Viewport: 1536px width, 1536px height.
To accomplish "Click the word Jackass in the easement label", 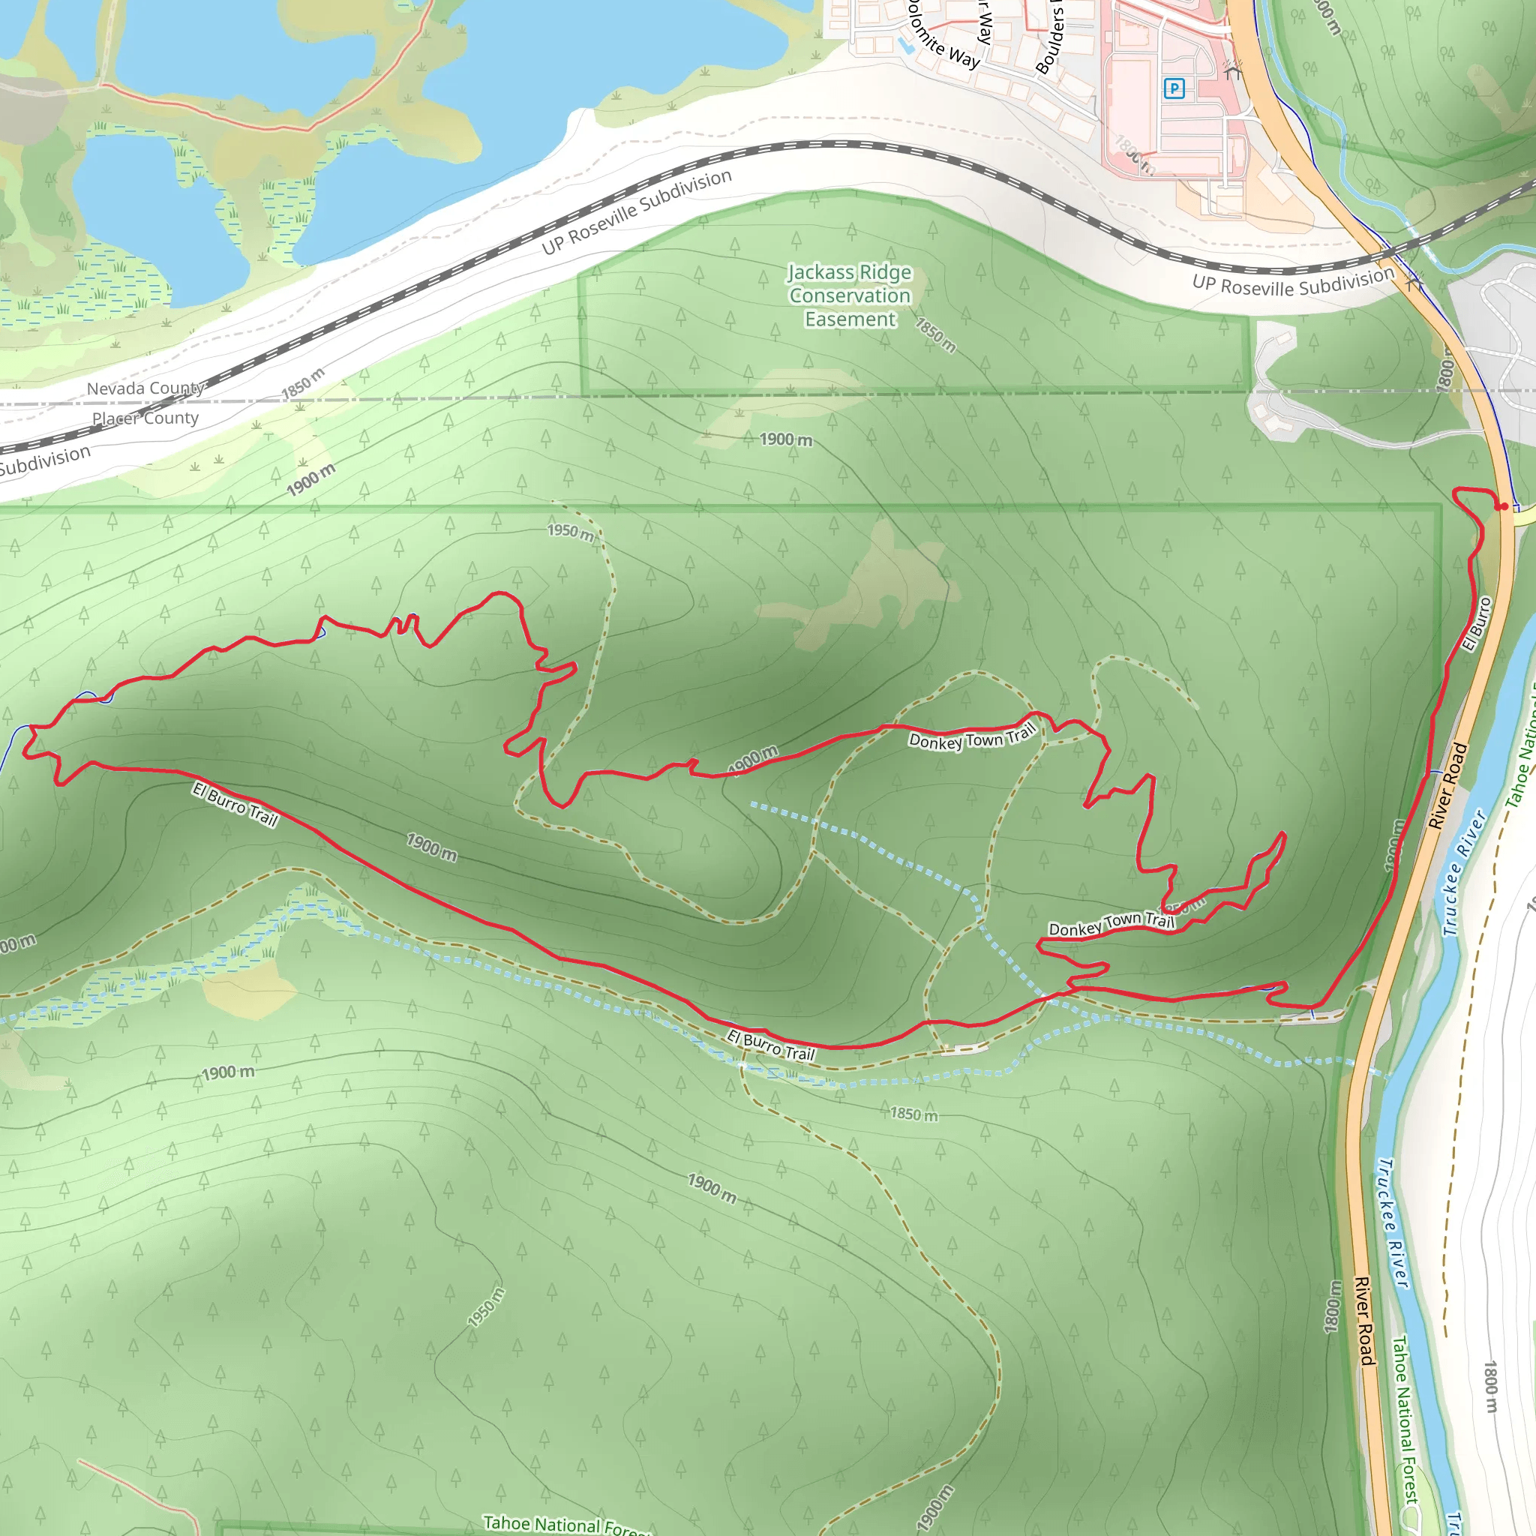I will (820, 273).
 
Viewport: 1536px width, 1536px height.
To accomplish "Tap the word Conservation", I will (850, 295).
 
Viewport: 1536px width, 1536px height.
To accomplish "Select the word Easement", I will (850, 319).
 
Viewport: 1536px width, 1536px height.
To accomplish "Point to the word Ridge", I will (885, 273).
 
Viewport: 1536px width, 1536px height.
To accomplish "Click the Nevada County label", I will (145, 388).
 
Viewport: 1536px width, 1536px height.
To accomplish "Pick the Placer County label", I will (145, 418).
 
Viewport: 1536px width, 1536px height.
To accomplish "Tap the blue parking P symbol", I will (1174, 88).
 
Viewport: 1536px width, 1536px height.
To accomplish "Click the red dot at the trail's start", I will (1504, 506).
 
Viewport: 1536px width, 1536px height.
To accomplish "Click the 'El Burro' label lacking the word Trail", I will (1477, 624).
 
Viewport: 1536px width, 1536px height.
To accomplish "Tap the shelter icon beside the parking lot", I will (1232, 70).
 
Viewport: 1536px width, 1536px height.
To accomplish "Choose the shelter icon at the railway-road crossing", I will (1413, 282).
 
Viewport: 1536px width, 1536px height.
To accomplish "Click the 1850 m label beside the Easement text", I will (935, 335).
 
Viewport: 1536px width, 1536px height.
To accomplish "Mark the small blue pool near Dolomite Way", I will (904, 46).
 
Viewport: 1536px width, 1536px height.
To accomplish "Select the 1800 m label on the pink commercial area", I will (1135, 156).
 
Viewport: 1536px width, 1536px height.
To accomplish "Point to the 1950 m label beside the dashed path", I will (571, 531).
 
